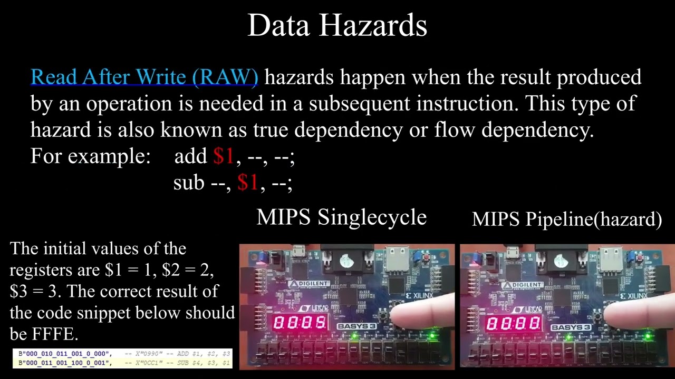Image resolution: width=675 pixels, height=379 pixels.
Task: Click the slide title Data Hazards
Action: click(x=337, y=25)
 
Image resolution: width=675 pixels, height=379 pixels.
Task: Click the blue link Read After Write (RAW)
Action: click(x=144, y=77)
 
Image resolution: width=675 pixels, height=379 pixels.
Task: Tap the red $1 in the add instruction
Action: click(x=224, y=156)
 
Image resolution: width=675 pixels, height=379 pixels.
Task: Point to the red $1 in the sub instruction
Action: click(x=248, y=182)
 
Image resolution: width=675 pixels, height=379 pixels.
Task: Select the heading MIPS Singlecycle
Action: click(x=341, y=217)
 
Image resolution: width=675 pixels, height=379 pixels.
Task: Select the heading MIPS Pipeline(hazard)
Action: click(x=567, y=219)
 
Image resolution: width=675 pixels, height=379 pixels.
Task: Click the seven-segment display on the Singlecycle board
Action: click(x=300, y=323)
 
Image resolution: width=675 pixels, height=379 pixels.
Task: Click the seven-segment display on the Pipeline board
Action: click(x=513, y=323)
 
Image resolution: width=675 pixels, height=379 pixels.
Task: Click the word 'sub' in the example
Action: click(x=188, y=182)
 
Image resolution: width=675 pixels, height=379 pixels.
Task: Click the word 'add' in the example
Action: click(x=190, y=156)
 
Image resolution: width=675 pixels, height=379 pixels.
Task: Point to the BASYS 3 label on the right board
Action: click(x=570, y=327)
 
